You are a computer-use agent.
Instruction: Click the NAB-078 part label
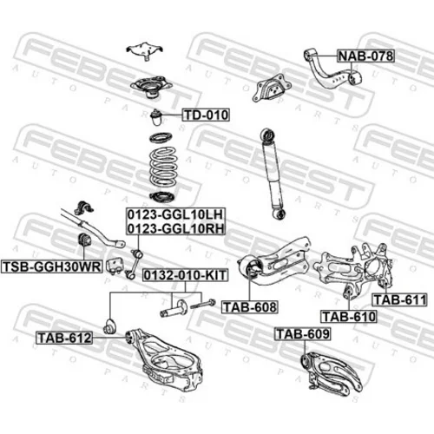click(x=366, y=56)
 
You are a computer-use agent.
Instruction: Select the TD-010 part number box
click(x=206, y=115)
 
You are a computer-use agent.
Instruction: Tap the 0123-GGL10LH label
click(x=175, y=214)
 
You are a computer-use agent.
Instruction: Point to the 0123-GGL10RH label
click(x=175, y=228)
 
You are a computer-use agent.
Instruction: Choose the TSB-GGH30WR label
click(x=52, y=266)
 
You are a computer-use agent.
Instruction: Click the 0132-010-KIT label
click(x=185, y=275)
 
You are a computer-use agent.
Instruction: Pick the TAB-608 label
click(x=250, y=307)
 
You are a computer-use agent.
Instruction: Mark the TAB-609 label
click(x=303, y=334)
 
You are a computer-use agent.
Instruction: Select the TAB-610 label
click(x=349, y=317)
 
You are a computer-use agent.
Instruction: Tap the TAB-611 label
click(x=399, y=299)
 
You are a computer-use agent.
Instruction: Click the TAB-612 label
click(x=64, y=338)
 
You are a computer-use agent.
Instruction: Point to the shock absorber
click(x=273, y=174)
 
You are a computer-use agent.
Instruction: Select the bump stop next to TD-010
click(x=156, y=117)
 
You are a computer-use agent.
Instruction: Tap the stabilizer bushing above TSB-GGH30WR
click(x=84, y=240)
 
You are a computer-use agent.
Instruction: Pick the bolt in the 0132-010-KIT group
click(x=202, y=304)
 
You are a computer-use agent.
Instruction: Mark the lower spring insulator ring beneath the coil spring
click(x=162, y=197)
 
